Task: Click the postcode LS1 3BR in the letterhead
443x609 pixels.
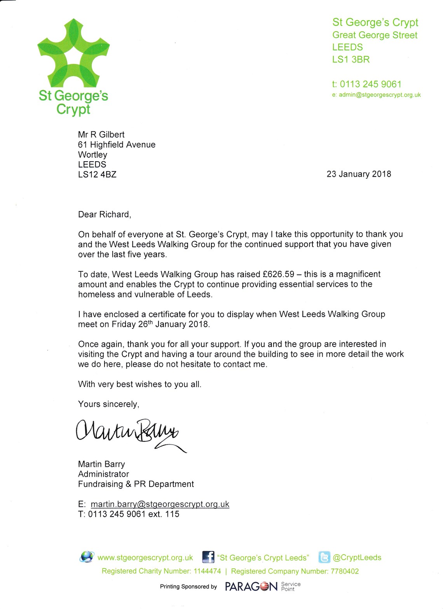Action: click(x=351, y=59)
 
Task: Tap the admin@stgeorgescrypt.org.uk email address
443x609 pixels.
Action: click(x=380, y=95)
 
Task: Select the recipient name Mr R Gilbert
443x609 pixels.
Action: click(x=101, y=134)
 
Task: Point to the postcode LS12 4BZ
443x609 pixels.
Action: click(x=97, y=174)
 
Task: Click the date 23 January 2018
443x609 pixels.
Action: click(x=359, y=174)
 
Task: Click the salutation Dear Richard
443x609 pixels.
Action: click(x=104, y=215)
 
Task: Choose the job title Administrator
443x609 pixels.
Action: click(x=103, y=474)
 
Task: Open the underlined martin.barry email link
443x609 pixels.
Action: click(x=160, y=504)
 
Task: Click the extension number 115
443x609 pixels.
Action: click(x=172, y=514)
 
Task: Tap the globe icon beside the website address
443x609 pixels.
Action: click(x=86, y=557)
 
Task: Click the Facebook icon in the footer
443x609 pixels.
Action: click(x=208, y=557)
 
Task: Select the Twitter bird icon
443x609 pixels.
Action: click(x=324, y=557)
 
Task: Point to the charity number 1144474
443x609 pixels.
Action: click(x=207, y=571)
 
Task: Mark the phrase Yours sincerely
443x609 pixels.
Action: click(x=108, y=404)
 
